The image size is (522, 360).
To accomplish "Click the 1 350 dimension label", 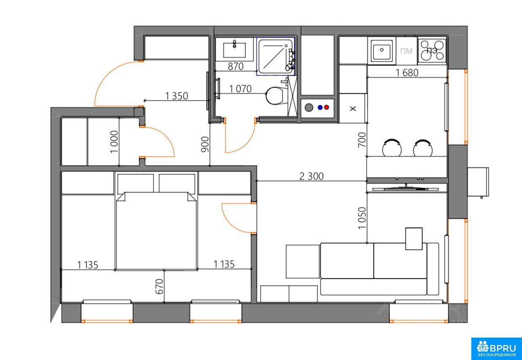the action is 177,96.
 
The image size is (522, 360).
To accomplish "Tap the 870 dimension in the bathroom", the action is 236,66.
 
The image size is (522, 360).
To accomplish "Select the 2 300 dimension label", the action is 311,176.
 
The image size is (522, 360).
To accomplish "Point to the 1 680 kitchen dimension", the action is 407,73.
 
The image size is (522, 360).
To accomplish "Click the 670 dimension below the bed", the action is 159,286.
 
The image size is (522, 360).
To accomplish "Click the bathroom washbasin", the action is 234,50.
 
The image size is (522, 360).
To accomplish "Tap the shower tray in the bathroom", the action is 275,56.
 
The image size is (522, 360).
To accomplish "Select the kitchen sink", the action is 382,50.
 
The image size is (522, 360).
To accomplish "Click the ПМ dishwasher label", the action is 406,51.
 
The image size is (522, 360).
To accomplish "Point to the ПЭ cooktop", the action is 432,50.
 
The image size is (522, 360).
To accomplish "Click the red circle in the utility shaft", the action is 326,107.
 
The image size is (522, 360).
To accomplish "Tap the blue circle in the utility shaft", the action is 320,107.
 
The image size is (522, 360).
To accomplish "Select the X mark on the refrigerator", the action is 353,109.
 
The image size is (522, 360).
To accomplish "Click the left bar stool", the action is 392,147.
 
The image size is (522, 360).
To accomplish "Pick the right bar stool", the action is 423,148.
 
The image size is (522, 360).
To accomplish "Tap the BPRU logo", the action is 496,348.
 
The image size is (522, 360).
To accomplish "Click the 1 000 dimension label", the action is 114,142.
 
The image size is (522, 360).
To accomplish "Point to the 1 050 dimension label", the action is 362,218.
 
